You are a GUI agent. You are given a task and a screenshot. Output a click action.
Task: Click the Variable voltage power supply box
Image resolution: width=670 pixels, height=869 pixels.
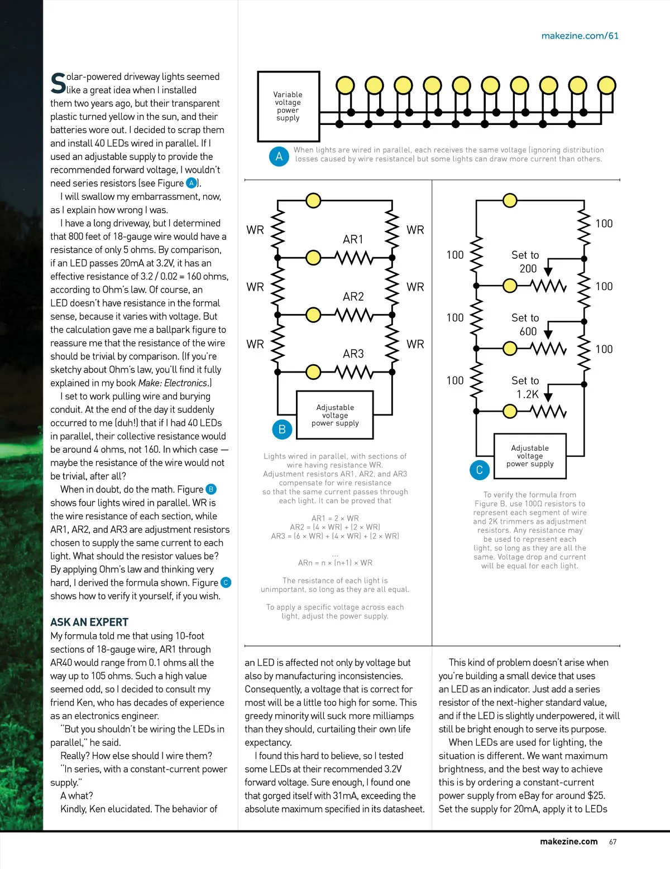click(x=288, y=106)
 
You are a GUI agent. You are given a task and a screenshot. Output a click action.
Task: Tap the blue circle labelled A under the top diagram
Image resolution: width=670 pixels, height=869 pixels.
click(x=279, y=157)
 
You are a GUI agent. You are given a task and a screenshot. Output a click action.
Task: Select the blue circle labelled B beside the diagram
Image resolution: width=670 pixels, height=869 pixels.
click(x=282, y=429)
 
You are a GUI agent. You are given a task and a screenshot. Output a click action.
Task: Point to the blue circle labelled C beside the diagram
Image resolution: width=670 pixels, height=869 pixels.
click(x=479, y=470)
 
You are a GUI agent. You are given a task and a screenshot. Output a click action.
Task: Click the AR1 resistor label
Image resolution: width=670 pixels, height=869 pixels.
click(x=353, y=239)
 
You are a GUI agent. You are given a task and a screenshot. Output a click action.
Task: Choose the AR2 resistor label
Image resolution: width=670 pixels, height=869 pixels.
click(x=353, y=297)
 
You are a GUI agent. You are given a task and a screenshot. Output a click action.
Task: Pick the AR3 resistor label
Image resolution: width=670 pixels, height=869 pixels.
click(x=353, y=354)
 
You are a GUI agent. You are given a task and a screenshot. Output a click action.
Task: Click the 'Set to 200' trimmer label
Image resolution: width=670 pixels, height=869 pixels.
click(x=525, y=262)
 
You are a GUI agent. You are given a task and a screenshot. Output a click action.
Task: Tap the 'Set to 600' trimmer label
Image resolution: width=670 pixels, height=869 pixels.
click(x=525, y=325)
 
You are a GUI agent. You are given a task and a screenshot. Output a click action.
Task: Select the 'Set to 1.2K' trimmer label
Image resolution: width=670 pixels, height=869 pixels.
click(x=525, y=388)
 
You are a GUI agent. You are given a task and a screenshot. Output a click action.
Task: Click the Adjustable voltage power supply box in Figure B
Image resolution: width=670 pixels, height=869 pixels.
click(x=335, y=416)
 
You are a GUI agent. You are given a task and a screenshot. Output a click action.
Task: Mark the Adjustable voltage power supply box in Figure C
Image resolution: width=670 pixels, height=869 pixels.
click(x=530, y=456)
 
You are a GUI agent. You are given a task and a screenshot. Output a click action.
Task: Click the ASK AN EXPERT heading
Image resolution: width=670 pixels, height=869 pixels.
click(x=89, y=622)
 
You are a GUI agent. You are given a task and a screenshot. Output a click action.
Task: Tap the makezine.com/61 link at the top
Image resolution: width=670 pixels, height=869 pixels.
click(x=580, y=36)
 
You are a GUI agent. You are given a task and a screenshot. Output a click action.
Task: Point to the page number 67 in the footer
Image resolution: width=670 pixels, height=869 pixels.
click(x=612, y=842)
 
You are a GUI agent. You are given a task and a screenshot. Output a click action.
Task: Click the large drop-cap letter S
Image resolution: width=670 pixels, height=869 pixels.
click(x=58, y=84)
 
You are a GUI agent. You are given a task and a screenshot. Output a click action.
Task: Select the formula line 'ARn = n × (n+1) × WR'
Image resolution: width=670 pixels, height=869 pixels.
click(x=335, y=563)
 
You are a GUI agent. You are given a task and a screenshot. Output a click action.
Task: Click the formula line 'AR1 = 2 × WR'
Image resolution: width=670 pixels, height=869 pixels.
click(x=335, y=518)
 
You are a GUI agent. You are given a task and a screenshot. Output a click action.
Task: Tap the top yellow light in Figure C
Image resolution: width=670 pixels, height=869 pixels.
click(x=509, y=200)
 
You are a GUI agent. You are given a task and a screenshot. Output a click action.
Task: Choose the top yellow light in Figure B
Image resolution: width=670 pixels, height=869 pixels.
click(x=314, y=200)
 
